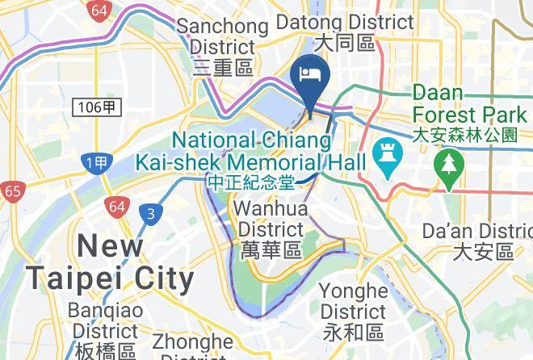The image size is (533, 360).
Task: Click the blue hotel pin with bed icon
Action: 311,76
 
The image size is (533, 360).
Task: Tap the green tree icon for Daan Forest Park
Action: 445,166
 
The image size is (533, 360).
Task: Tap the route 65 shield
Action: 10,192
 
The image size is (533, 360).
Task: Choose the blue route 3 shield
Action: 149,214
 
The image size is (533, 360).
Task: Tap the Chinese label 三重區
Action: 224,68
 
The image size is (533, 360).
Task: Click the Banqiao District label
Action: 105,320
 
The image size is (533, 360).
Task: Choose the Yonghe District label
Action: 353,300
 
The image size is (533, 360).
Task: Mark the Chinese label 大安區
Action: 483,253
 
